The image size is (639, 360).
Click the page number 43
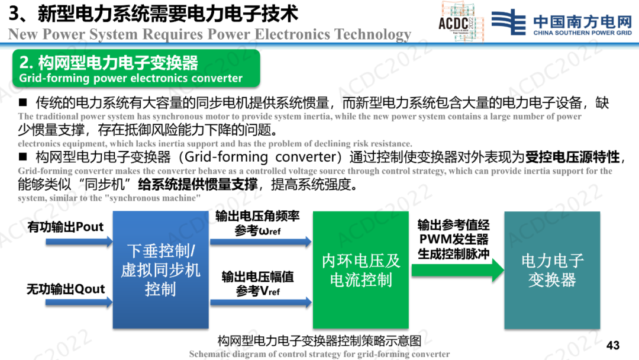click(x=613, y=345)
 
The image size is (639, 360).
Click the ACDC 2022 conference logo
click(x=461, y=21)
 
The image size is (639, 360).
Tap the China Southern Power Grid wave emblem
click(x=508, y=22)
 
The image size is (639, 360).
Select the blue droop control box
click(x=160, y=269)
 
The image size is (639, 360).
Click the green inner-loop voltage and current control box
click(x=361, y=269)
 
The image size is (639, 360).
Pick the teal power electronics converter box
click(x=552, y=270)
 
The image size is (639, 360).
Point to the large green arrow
click(x=457, y=271)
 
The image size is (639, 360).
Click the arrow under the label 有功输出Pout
click(x=79, y=242)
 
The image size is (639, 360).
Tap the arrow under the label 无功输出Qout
click(x=79, y=302)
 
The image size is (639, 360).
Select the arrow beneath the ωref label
click(x=261, y=242)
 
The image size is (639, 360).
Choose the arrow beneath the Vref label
click(x=261, y=302)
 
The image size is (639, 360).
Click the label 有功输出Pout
click(x=66, y=227)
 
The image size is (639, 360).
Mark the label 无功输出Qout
click(x=66, y=289)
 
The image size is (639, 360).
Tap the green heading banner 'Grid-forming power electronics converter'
click(x=136, y=69)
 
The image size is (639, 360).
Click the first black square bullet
click(x=23, y=102)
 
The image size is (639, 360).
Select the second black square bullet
click(x=23, y=156)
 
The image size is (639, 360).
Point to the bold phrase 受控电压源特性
click(x=573, y=157)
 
